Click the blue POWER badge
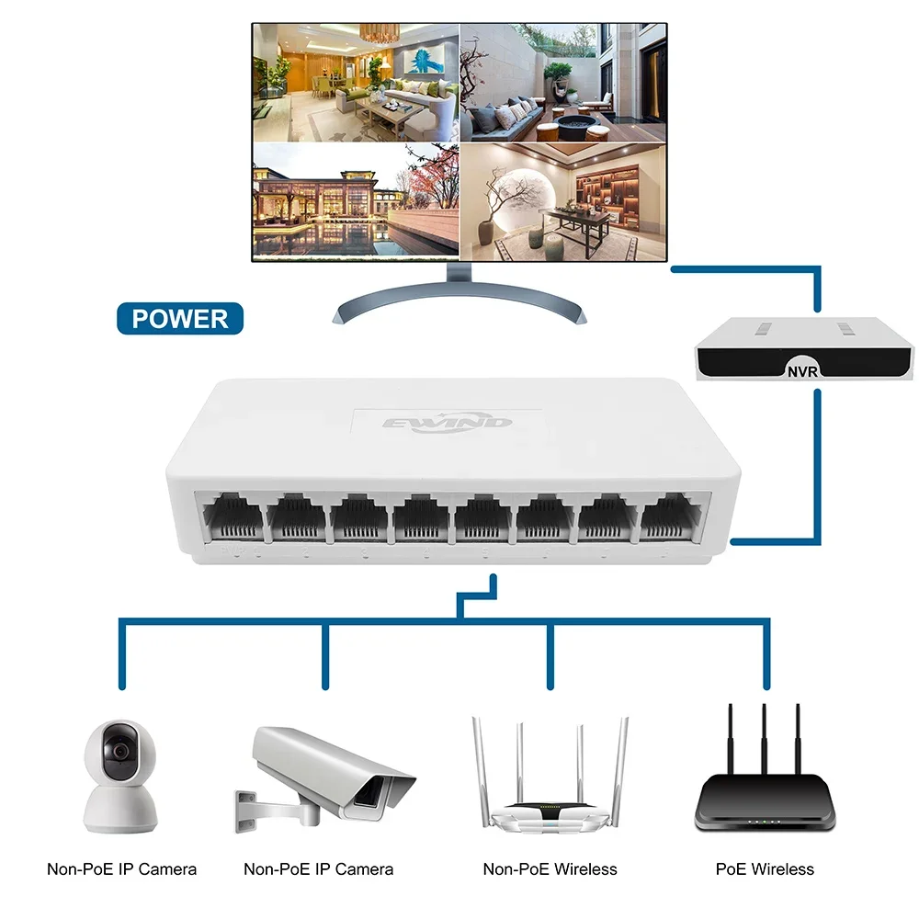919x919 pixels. (180, 318)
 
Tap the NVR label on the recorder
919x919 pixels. (802, 371)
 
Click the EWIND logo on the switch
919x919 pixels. (447, 425)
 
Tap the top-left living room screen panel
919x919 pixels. (355, 83)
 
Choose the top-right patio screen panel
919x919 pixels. (562, 83)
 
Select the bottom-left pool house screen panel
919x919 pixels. (355, 199)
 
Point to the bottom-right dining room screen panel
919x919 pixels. (562, 199)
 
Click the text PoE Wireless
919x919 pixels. (765, 868)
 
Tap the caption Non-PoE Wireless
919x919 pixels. (550, 868)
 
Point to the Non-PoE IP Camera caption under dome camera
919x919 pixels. (121, 868)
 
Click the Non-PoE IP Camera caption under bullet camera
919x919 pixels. (318, 868)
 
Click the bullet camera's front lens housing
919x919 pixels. (375, 796)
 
